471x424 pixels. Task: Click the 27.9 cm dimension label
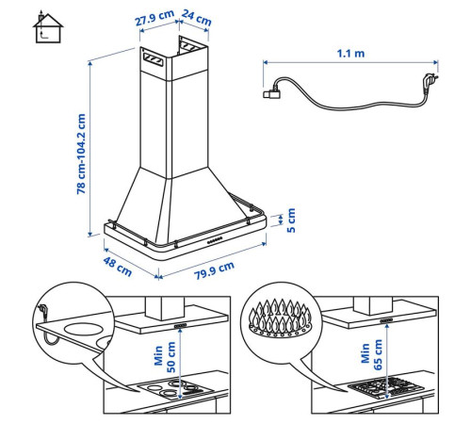pos(154,18)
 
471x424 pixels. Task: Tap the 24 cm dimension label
pos(197,18)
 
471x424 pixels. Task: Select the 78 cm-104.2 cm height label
pos(81,154)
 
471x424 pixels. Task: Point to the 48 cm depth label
pos(117,267)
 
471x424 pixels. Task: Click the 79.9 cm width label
pos(214,270)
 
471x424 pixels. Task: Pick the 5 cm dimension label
pos(291,220)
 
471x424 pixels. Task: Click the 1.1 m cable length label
pos(350,54)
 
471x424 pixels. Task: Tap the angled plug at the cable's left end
pos(272,91)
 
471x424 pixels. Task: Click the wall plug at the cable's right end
pos(430,80)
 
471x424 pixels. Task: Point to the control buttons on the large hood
pos(215,240)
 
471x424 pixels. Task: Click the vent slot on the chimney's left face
pos(154,59)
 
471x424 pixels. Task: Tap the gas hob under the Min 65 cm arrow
pos(384,387)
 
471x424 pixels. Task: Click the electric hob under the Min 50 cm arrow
pos(176,388)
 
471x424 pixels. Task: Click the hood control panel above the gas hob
pos(386,320)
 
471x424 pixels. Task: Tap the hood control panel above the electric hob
pos(180,326)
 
